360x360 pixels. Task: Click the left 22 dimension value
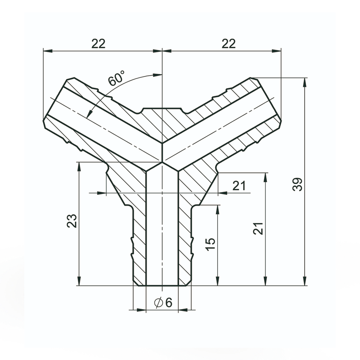point(98,44)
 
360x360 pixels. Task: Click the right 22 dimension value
point(229,44)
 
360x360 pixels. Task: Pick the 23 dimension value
point(72,220)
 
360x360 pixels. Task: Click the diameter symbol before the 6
point(158,303)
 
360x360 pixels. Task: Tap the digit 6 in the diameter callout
point(169,303)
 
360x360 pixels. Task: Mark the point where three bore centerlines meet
point(162,161)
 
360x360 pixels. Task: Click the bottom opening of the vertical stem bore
point(162,285)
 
